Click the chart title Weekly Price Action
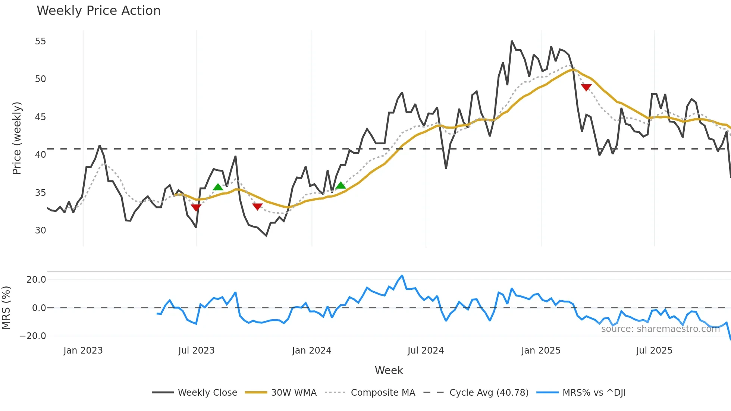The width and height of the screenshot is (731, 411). [98, 11]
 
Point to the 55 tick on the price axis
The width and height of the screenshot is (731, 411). [41, 41]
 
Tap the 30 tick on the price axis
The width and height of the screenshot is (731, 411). [41, 230]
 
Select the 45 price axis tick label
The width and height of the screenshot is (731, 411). [41, 117]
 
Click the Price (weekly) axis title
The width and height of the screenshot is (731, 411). [17, 138]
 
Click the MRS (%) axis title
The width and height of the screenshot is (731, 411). [6, 308]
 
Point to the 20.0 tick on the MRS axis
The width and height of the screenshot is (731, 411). [36, 280]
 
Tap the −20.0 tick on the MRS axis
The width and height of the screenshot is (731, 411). [33, 336]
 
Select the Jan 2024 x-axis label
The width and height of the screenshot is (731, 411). [311, 351]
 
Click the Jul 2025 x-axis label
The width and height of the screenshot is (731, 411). [654, 351]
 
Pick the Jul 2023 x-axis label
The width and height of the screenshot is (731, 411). [196, 351]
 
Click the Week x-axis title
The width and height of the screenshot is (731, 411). [389, 370]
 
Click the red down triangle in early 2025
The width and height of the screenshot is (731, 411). [586, 88]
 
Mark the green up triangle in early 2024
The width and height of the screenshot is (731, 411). [341, 185]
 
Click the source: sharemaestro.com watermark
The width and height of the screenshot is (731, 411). [660, 329]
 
